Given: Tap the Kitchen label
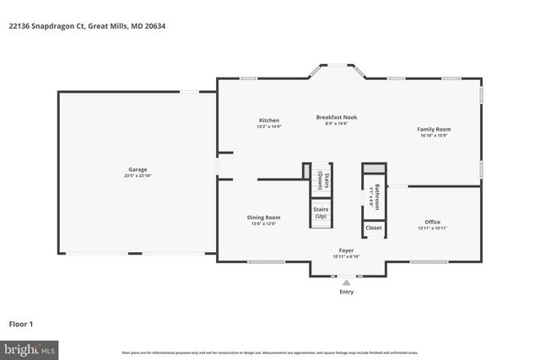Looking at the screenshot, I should click(268, 121).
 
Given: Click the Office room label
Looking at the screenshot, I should click(431, 222).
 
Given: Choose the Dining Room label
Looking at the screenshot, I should click(263, 218).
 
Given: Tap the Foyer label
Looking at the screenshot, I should click(345, 250).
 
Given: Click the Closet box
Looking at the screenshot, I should click(374, 228).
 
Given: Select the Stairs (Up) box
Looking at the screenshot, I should click(321, 212).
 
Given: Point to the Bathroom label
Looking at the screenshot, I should click(377, 196).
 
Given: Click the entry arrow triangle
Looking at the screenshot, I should click(346, 282).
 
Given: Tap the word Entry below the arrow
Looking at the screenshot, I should click(346, 293).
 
